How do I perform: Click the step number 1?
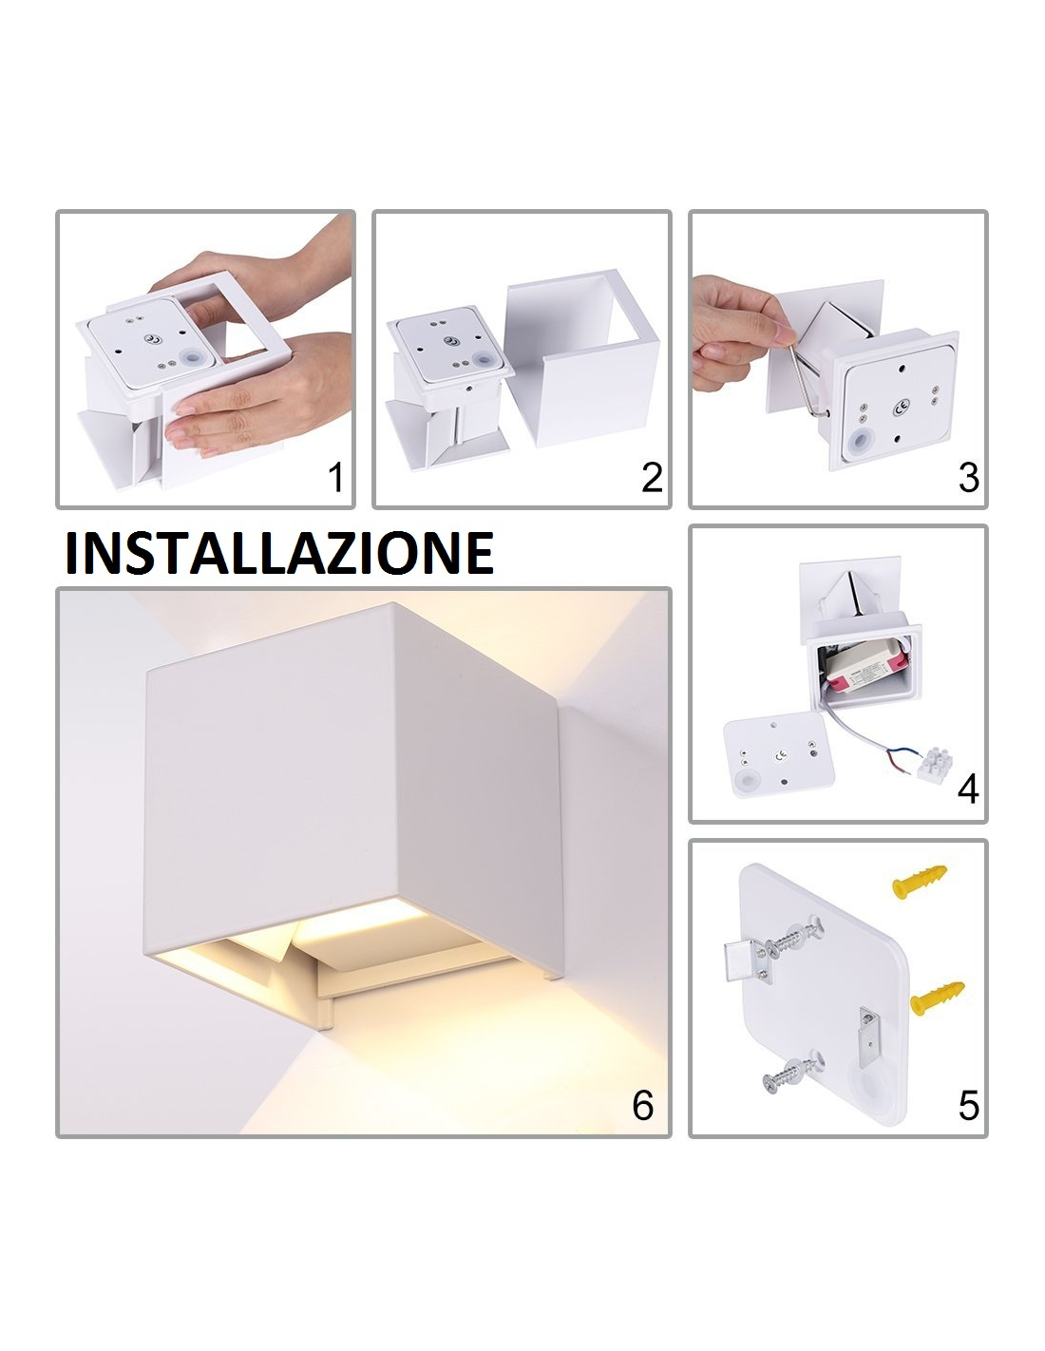coord(335,478)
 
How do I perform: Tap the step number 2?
coord(652,478)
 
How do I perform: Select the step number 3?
coord(968,478)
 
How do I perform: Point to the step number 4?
coord(968,790)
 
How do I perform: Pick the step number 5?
coord(968,1106)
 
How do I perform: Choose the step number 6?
coord(643,1106)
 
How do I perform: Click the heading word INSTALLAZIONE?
coord(279,553)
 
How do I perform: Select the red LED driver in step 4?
coord(859,672)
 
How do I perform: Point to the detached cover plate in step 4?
coord(778,753)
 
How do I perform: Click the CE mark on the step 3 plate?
coord(901,409)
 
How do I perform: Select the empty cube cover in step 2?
coord(582,357)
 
